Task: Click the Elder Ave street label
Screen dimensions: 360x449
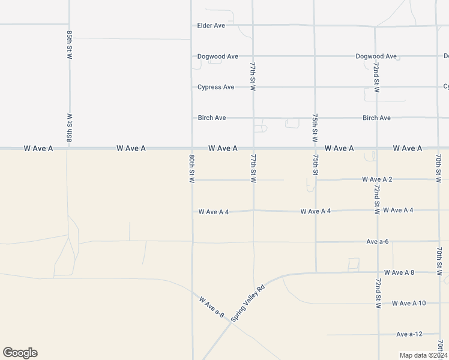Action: click(x=211, y=26)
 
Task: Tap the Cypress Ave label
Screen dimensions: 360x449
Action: click(x=215, y=87)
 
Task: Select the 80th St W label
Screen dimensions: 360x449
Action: click(x=191, y=169)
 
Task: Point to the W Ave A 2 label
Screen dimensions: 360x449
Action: click(x=377, y=179)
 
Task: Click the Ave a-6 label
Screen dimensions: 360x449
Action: click(x=378, y=241)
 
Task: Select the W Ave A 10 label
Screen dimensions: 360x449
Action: click(x=408, y=303)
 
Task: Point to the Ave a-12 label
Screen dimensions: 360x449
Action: click(x=409, y=334)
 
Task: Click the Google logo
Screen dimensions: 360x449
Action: click(x=20, y=353)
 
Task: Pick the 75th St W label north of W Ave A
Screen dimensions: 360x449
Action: click(x=315, y=127)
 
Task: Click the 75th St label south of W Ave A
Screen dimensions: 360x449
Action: click(x=315, y=164)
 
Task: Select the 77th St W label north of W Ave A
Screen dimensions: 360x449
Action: click(x=253, y=76)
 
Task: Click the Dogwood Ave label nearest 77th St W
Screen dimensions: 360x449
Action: click(x=218, y=56)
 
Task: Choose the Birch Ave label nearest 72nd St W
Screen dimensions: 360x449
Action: click(x=376, y=118)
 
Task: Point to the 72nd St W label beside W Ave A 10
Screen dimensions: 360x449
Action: click(x=378, y=293)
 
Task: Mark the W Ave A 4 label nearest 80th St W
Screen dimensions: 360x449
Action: click(x=214, y=212)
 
